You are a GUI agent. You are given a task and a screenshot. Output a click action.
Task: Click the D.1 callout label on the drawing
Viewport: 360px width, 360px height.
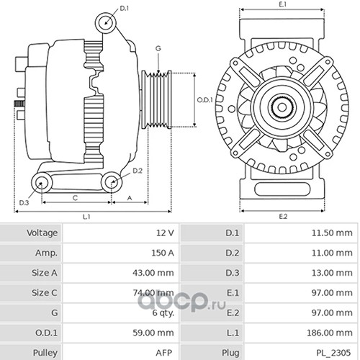click(x=125, y=9)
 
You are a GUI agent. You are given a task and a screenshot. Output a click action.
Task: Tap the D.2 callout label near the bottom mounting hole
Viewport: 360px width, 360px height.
click(x=138, y=171)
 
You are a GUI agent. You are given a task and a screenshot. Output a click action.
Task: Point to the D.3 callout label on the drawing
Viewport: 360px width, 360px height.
click(x=24, y=203)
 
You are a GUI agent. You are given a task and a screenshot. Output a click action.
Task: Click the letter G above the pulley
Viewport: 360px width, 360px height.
click(x=158, y=48)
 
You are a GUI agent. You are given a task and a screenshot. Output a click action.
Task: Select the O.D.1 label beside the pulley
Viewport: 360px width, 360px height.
click(x=204, y=100)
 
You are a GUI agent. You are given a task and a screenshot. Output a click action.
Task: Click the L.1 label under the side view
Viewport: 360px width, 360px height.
click(x=86, y=217)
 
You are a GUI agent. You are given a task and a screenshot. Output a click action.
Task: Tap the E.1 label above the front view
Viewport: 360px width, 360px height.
click(x=283, y=4)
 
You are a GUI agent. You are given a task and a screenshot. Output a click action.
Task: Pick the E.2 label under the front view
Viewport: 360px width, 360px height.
click(x=283, y=217)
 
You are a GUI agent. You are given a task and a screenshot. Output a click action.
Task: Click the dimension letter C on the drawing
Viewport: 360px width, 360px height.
click(x=75, y=198)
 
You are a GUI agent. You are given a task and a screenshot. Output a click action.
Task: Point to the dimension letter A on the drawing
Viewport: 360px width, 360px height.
click(x=130, y=198)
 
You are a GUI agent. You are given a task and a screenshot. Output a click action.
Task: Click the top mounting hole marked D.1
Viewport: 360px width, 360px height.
click(x=106, y=23)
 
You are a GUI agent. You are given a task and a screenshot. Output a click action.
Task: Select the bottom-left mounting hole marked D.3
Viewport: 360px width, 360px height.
click(x=42, y=183)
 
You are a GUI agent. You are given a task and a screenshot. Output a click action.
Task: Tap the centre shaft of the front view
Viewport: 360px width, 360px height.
click(x=282, y=107)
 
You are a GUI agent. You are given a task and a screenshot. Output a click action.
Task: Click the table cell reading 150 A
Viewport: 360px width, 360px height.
click(x=163, y=253)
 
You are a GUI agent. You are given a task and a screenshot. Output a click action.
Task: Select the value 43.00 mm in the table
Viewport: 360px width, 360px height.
click(x=153, y=273)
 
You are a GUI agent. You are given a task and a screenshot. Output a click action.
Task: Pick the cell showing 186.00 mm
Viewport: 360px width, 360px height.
click(x=330, y=333)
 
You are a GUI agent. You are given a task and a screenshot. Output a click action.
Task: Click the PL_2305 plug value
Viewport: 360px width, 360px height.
click(x=333, y=353)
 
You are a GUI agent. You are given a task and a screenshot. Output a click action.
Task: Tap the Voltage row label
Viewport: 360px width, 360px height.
click(x=42, y=233)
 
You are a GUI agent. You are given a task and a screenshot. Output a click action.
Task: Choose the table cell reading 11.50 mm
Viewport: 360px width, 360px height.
click(x=332, y=233)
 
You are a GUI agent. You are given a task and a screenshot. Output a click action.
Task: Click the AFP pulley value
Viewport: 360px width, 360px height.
click(x=164, y=353)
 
